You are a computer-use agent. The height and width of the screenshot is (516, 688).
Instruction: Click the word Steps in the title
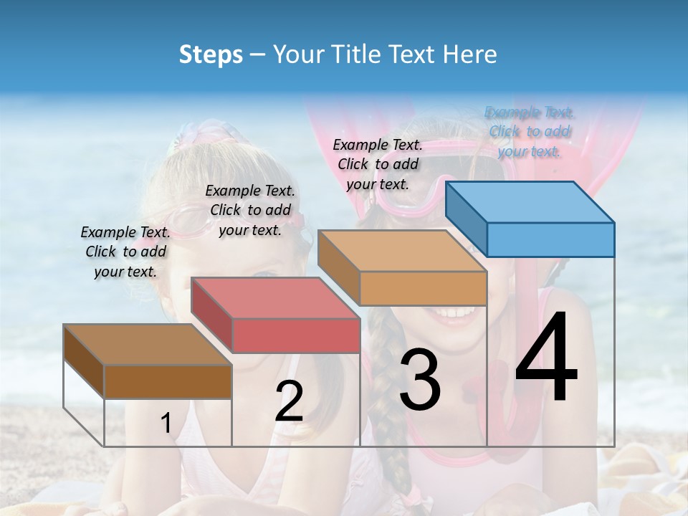[x=211, y=54]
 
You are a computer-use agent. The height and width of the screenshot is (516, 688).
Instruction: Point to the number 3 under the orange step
[x=420, y=380]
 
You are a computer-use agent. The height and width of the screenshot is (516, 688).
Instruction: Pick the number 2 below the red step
[x=289, y=401]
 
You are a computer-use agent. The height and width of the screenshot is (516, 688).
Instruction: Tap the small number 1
[x=166, y=424]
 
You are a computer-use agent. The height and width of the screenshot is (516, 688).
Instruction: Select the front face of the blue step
[x=550, y=239]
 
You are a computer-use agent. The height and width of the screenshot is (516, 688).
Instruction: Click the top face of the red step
[x=274, y=298]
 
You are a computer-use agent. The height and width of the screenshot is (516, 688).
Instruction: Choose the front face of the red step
[x=296, y=335]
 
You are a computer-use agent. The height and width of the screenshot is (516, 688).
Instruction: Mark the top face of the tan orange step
[x=401, y=251]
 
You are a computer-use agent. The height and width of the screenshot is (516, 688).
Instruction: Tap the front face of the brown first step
[x=168, y=381]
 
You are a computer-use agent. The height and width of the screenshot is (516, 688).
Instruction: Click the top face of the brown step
[x=147, y=345]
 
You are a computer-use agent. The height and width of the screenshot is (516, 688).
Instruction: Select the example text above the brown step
[x=125, y=252]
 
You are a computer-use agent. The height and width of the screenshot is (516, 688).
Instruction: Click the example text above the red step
[x=250, y=210]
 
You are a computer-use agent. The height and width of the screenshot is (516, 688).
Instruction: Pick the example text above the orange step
[x=378, y=164]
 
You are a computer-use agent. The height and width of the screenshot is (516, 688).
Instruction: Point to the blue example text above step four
[x=529, y=131]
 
